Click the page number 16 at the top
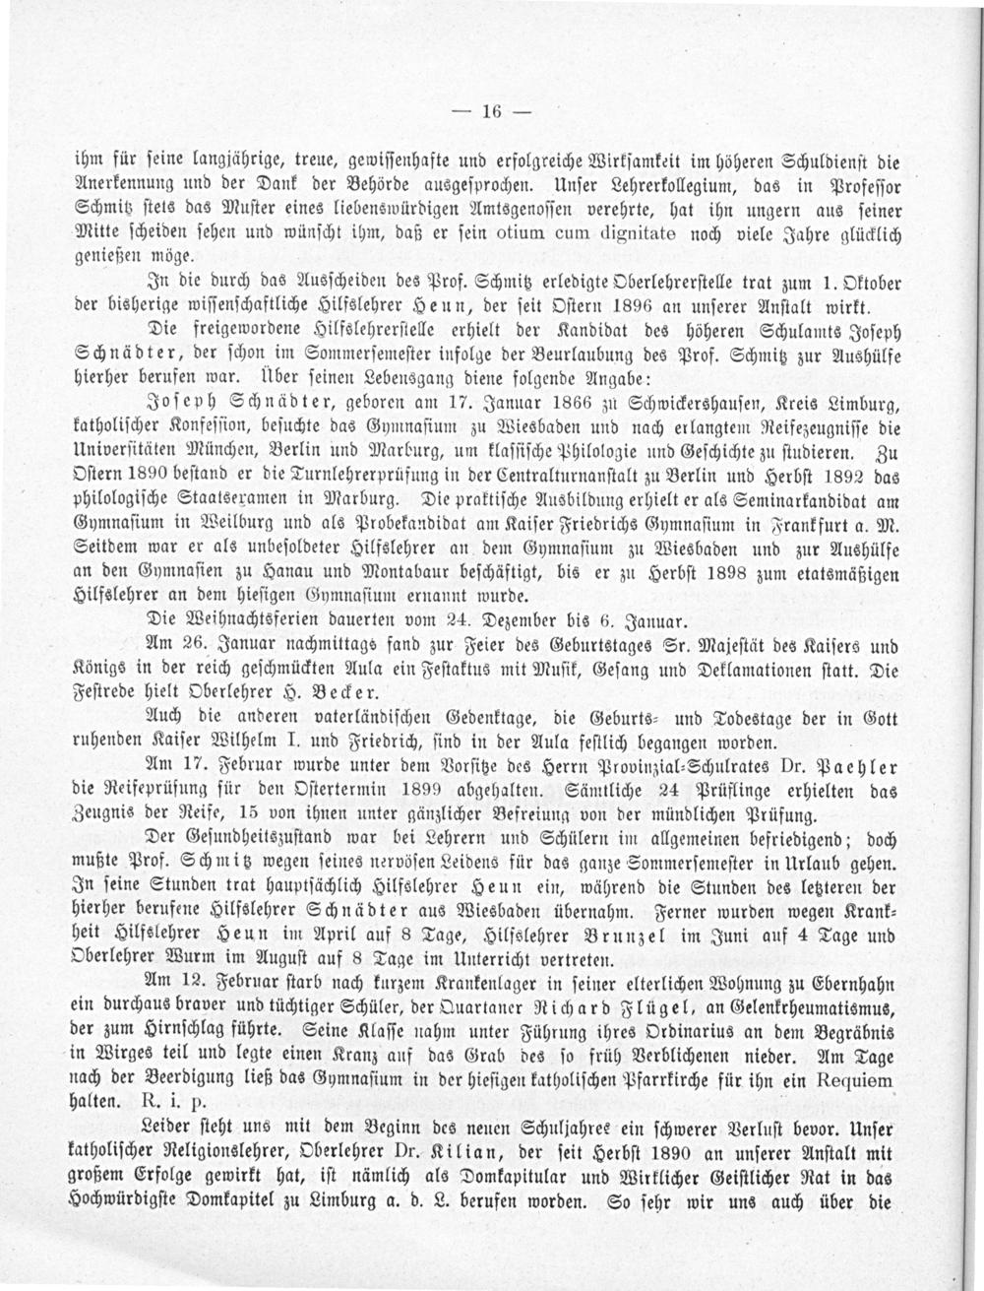click(x=492, y=110)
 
